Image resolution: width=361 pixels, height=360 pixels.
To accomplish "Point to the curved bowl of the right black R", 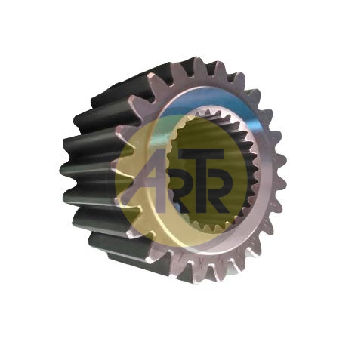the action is pyautogui.click(x=218, y=179).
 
